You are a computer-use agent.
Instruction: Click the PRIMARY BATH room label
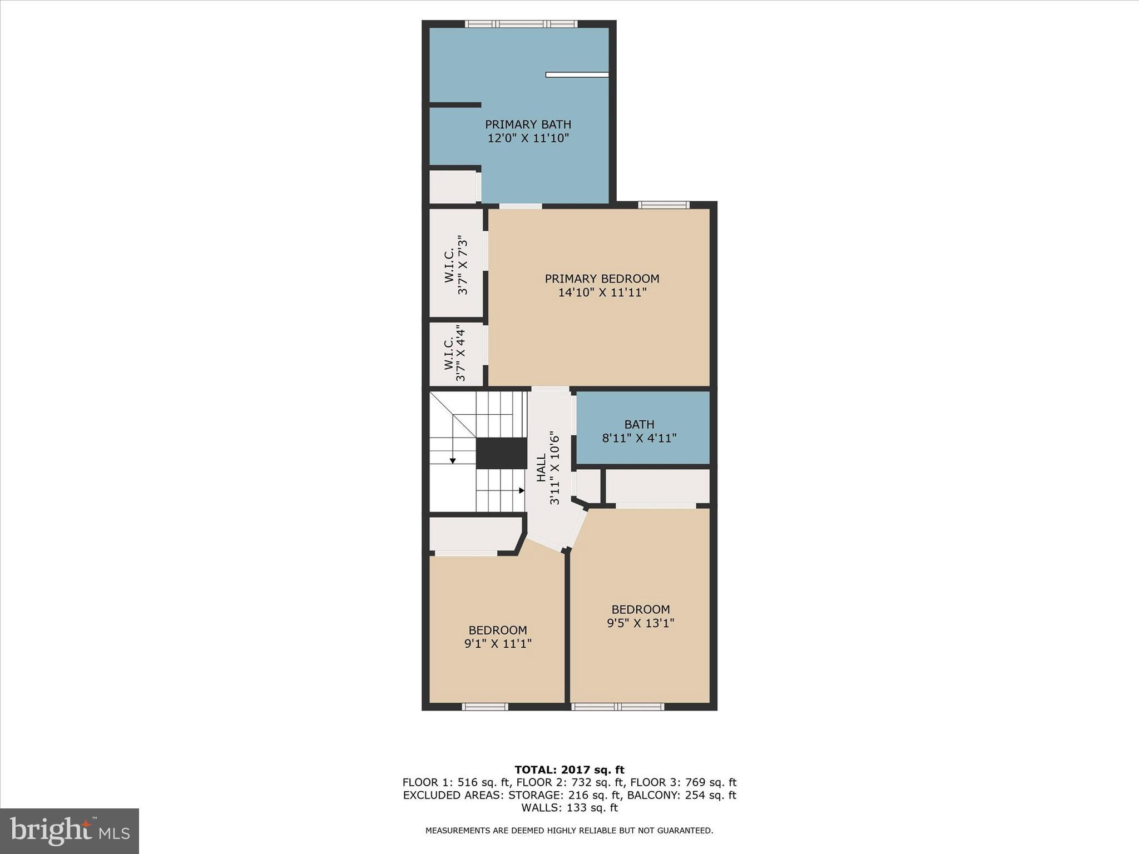(528, 125)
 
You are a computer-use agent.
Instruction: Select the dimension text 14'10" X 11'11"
(602, 292)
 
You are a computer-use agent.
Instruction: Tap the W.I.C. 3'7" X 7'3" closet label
(455, 265)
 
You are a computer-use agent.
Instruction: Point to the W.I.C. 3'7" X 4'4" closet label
(454, 354)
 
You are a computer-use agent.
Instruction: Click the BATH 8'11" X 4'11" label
(639, 431)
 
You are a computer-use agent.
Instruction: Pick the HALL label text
(541, 467)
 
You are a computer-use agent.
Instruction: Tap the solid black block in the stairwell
(501, 453)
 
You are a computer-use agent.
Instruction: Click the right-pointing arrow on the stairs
(521, 490)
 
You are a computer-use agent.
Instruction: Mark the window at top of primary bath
(521, 24)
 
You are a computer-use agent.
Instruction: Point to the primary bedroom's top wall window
(663, 205)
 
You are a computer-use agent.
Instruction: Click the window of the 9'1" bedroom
(485, 707)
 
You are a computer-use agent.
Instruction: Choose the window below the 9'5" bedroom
(618, 707)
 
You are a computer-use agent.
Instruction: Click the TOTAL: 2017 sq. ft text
(569, 770)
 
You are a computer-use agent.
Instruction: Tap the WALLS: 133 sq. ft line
(569, 808)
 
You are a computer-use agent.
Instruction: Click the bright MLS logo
(70, 831)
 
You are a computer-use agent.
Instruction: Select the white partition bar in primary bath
(577, 75)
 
